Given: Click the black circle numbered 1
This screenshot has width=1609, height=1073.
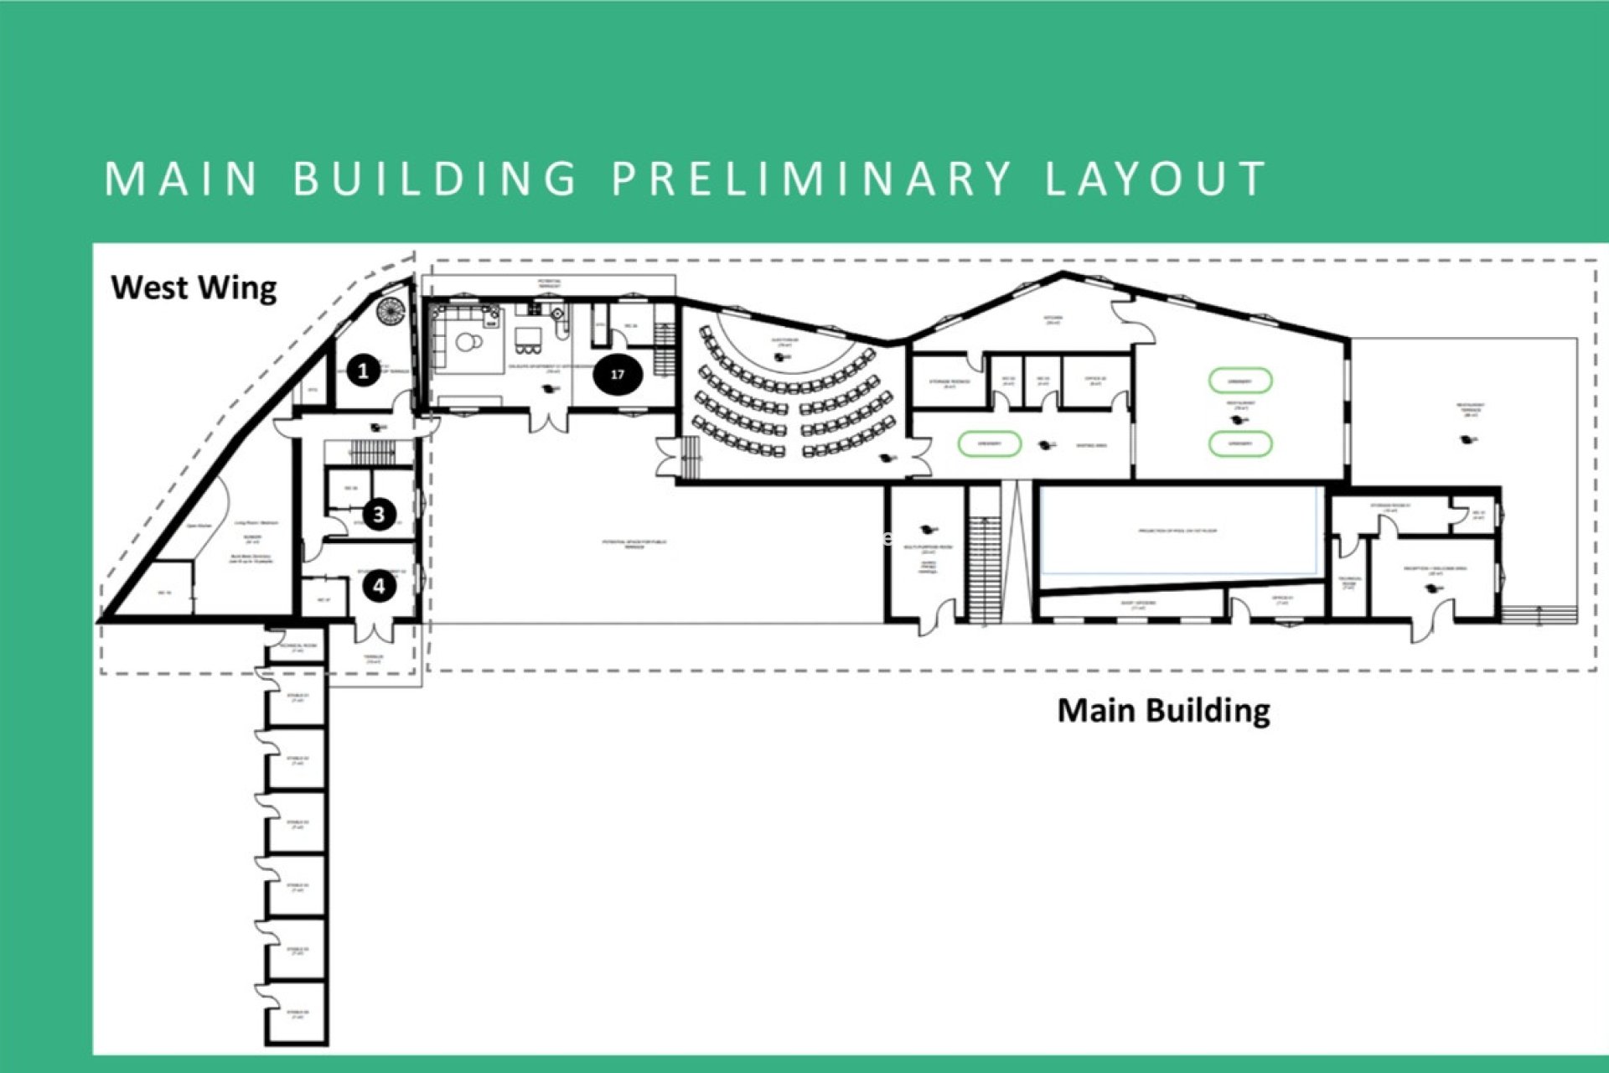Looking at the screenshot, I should pyautogui.click(x=363, y=371).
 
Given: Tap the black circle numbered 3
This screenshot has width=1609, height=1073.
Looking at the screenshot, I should pyautogui.click(x=379, y=514).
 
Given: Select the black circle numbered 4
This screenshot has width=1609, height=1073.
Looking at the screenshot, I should pyautogui.click(x=379, y=585).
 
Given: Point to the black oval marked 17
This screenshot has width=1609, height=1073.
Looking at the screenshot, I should pyautogui.click(x=618, y=375).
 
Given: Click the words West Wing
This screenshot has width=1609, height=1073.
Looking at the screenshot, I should pyautogui.click(x=194, y=288).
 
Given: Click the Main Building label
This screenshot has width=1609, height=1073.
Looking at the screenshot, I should pyautogui.click(x=1163, y=710).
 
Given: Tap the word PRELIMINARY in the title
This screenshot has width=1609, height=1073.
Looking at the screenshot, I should pyautogui.click(x=811, y=179).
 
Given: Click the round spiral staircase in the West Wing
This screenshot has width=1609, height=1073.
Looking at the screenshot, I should pyautogui.click(x=391, y=310).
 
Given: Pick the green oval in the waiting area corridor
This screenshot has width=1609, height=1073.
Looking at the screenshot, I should pyautogui.click(x=989, y=443).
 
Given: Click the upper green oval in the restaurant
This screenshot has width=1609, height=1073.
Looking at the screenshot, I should pyautogui.click(x=1240, y=381).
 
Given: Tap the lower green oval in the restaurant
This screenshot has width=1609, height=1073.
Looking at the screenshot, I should pyautogui.click(x=1240, y=443).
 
